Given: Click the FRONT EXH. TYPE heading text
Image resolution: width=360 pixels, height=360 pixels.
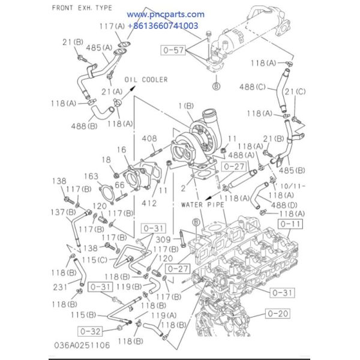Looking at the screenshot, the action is [82, 8].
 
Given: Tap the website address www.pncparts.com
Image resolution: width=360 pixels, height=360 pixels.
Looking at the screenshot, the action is [166, 14].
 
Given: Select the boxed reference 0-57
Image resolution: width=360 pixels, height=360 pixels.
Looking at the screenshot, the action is [173, 50].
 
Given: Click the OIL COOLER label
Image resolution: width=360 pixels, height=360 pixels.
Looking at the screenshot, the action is [146, 80].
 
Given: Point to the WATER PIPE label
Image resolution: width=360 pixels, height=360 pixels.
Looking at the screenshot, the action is [203, 205].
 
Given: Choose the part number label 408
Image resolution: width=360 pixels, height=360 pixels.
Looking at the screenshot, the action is [149, 139].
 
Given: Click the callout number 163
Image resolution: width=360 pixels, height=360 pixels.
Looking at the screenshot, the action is [91, 176].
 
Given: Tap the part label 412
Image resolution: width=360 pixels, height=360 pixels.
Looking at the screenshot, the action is [149, 203].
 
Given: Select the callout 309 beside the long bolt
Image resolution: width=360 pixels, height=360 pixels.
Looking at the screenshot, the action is [163, 239].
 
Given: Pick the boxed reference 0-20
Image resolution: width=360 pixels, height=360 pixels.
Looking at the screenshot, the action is [278, 313].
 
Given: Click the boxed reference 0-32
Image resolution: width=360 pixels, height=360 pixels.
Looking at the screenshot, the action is [90, 331].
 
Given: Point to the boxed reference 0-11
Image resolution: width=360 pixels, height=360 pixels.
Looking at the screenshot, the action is [290, 224].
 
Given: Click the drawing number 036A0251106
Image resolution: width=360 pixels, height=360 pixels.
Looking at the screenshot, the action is [82, 345].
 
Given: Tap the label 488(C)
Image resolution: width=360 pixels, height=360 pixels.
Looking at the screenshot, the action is [253, 87].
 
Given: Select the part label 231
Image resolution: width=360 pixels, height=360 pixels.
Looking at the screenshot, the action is [60, 287].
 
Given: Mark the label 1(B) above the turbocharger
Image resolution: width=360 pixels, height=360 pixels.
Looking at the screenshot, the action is [186, 106].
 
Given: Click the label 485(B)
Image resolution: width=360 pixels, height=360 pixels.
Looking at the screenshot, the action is [292, 170].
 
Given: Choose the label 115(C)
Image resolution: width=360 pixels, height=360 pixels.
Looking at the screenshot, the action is [95, 260].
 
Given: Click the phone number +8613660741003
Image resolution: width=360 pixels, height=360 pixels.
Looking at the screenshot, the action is [163, 26].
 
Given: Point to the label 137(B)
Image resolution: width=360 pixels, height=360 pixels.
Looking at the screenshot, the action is [63, 212].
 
